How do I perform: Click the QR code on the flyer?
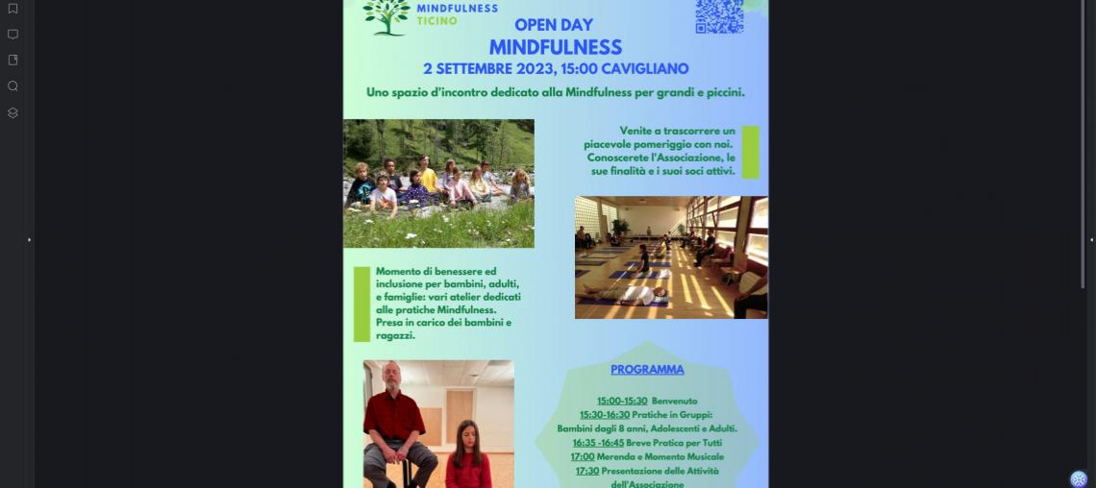(719, 16)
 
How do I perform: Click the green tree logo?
(386, 16)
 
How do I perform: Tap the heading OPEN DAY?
(554, 25)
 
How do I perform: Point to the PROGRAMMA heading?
(647, 370)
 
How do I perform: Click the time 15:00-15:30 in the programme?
(622, 401)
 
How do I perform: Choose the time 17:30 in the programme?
(587, 471)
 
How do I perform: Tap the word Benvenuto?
(674, 401)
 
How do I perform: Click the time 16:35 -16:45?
(598, 443)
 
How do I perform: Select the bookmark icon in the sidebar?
(12, 9)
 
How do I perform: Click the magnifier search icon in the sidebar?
(12, 86)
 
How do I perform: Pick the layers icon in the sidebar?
(12, 112)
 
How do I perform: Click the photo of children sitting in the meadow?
(438, 183)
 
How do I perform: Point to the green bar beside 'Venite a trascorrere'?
(750, 152)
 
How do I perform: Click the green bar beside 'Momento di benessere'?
(361, 304)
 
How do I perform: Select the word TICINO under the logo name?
(437, 20)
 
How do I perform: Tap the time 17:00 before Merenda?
(583, 457)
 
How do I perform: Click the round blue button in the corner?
(1079, 478)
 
